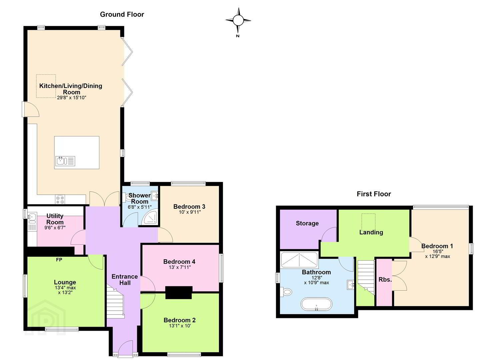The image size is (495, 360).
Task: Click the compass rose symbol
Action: coord(238,21)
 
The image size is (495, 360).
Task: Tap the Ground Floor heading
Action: coord(122,14)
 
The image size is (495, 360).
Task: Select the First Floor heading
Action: coord(374,194)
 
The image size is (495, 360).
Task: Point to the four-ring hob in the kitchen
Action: coord(60,200)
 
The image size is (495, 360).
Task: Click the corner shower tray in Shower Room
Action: coord(150,218)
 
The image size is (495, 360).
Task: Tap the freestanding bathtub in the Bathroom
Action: coord(316,304)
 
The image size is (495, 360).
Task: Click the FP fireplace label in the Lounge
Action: coord(59,260)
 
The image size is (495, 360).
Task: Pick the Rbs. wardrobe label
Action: coord(385,280)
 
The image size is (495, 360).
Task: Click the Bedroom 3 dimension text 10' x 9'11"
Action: coord(190,212)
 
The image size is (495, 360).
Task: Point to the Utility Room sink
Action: coord(32,216)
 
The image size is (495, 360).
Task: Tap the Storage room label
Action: coord(307,223)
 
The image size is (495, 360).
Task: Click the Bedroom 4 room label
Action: coord(179,262)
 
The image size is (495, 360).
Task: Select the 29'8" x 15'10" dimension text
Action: coord(72,98)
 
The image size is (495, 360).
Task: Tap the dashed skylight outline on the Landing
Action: coord(368,222)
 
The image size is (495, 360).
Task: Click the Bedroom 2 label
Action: coord(179,320)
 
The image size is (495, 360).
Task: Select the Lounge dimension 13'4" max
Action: coord(65,288)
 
